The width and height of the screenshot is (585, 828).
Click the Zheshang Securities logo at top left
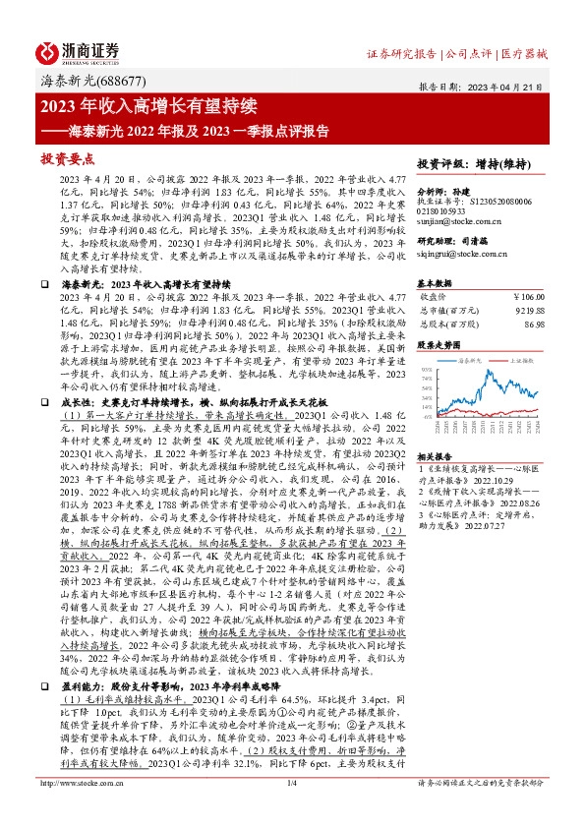(x=79, y=50)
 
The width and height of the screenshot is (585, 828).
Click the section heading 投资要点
(x=68, y=157)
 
